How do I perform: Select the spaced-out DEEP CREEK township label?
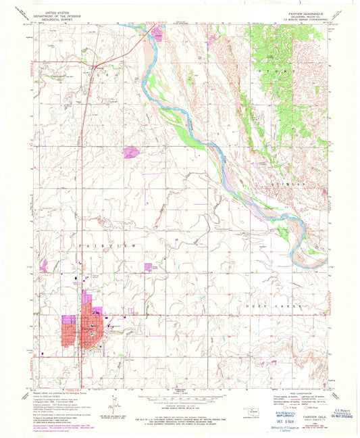[x=284, y=306]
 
